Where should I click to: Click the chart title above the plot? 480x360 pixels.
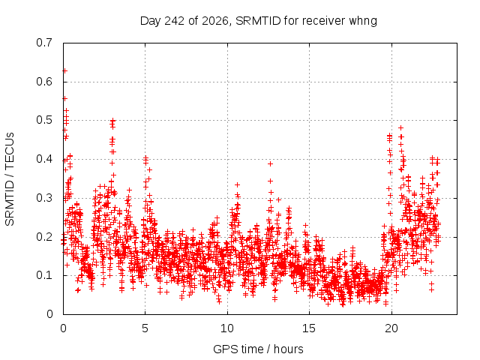click(258, 21)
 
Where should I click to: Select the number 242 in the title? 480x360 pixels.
click(175, 21)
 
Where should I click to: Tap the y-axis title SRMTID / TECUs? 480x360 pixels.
click(10, 179)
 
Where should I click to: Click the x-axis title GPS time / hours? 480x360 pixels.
click(258, 349)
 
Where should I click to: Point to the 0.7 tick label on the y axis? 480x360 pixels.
click(44, 43)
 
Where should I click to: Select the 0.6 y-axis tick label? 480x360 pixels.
click(44, 82)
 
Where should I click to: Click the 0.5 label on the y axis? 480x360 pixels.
click(44, 120)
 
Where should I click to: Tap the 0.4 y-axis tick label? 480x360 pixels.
click(44, 159)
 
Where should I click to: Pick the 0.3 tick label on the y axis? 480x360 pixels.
click(44, 198)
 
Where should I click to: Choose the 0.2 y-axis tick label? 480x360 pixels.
click(44, 237)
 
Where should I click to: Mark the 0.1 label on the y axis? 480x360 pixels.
click(44, 275)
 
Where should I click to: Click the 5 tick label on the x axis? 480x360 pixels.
click(145, 328)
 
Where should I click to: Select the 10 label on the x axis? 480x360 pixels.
click(227, 328)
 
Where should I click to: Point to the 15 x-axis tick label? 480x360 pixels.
click(309, 328)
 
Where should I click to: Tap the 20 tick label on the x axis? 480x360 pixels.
click(391, 328)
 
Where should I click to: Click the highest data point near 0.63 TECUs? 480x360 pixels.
click(64, 70)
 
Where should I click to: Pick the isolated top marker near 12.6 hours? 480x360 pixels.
click(270, 163)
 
